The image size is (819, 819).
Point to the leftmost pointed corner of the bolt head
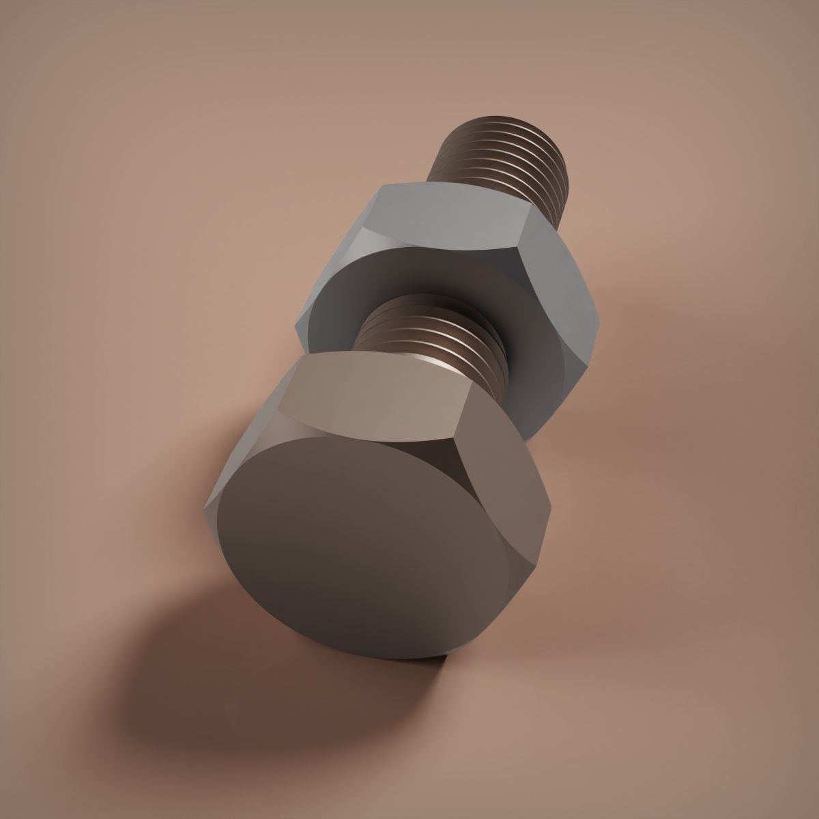pos(204,508)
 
